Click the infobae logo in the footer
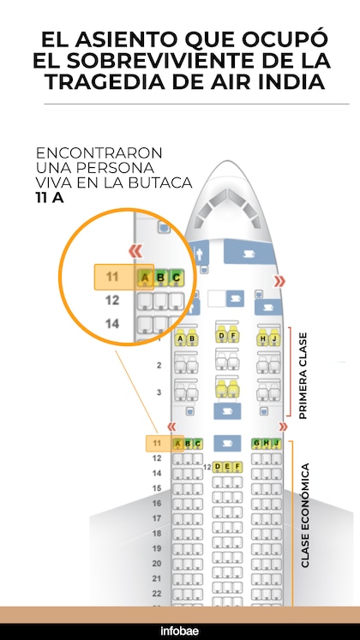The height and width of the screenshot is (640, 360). (x=180, y=631)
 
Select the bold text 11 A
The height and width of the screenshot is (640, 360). (x=49, y=198)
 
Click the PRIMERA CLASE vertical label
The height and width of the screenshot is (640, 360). (x=303, y=375)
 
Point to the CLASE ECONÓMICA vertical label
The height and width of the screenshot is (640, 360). (x=305, y=515)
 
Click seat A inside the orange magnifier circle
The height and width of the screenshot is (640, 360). (x=145, y=278)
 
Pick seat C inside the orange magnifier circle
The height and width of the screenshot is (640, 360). (x=177, y=278)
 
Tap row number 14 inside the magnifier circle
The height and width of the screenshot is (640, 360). (x=112, y=324)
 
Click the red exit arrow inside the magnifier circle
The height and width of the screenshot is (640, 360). (x=135, y=251)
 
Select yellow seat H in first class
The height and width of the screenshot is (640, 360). (x=262, y=338)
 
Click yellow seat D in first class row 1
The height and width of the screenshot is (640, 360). (x=221, y=334)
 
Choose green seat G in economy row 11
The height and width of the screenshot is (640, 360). (x=256, y=443)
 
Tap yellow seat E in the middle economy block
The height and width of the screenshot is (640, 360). (x=227, y=467)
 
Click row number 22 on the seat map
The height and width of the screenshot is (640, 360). (x=157, y=594)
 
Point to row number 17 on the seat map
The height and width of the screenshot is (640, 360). (x=157, y=518)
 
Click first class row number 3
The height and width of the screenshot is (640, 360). (x=159, y=392)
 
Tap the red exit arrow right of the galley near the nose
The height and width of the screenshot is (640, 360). (x=279, y=281)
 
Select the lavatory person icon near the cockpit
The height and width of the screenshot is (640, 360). (x=199, y=254)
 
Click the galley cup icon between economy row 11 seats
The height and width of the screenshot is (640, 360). (x=227, y=443)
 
